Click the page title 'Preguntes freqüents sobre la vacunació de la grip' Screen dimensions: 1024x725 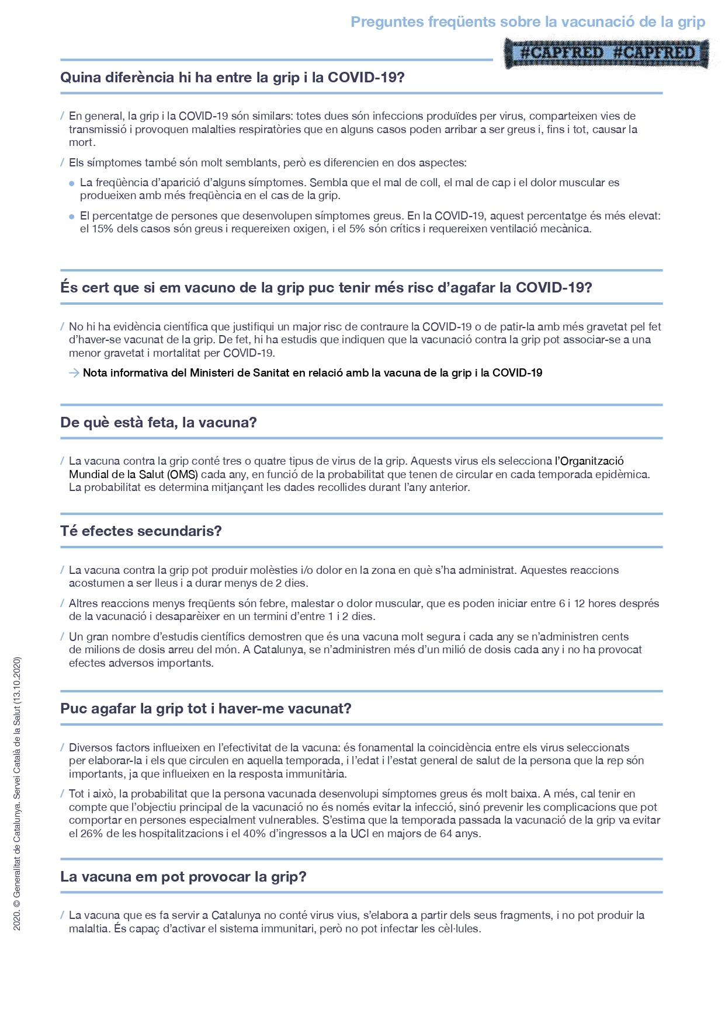click(528, 22)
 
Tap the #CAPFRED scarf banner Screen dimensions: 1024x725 click(607, 53)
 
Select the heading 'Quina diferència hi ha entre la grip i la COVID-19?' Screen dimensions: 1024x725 click(233, 78)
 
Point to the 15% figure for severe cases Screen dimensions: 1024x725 click(102, 229)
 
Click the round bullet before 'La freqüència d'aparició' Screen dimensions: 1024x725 click(72, 183)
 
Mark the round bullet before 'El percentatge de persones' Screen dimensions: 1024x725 click(72, 217)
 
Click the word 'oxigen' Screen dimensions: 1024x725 click(313, 229)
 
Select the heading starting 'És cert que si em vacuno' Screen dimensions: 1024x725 click(326, 288)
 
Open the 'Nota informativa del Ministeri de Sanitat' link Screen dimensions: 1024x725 click(313, 373)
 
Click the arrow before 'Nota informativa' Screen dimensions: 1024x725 click(74, 373)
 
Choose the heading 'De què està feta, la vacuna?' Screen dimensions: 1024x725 click(158, 423)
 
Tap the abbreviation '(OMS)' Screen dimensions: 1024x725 click(182, 475)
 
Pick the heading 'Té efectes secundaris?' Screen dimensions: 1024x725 click(141, 531)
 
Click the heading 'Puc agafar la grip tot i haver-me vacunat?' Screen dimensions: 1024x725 click(206, 709)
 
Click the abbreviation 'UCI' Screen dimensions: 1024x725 click(359, 834)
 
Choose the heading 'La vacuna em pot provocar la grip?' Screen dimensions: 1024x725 click(183, 877)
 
